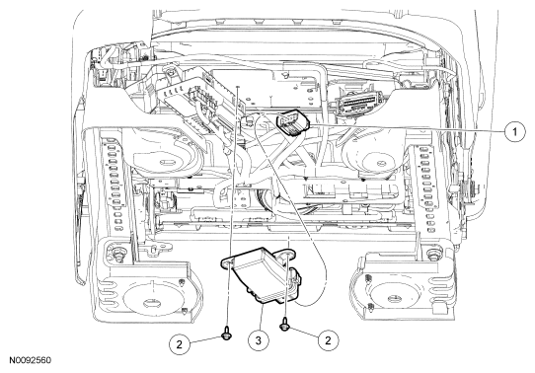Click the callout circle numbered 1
click(514, 131)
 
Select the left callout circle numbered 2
click(180, 343)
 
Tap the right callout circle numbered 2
click(329, 339)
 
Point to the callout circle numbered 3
click(258, 339)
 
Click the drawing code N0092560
click(30, 360)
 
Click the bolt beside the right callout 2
click(284, 327)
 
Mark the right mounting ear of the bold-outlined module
click(287, 255)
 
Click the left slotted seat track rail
click(115, 185)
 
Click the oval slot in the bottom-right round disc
click(395, 298)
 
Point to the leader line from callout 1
click(407, 128)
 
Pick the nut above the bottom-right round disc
click(432, 255)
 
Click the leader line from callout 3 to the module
click(261, 317)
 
